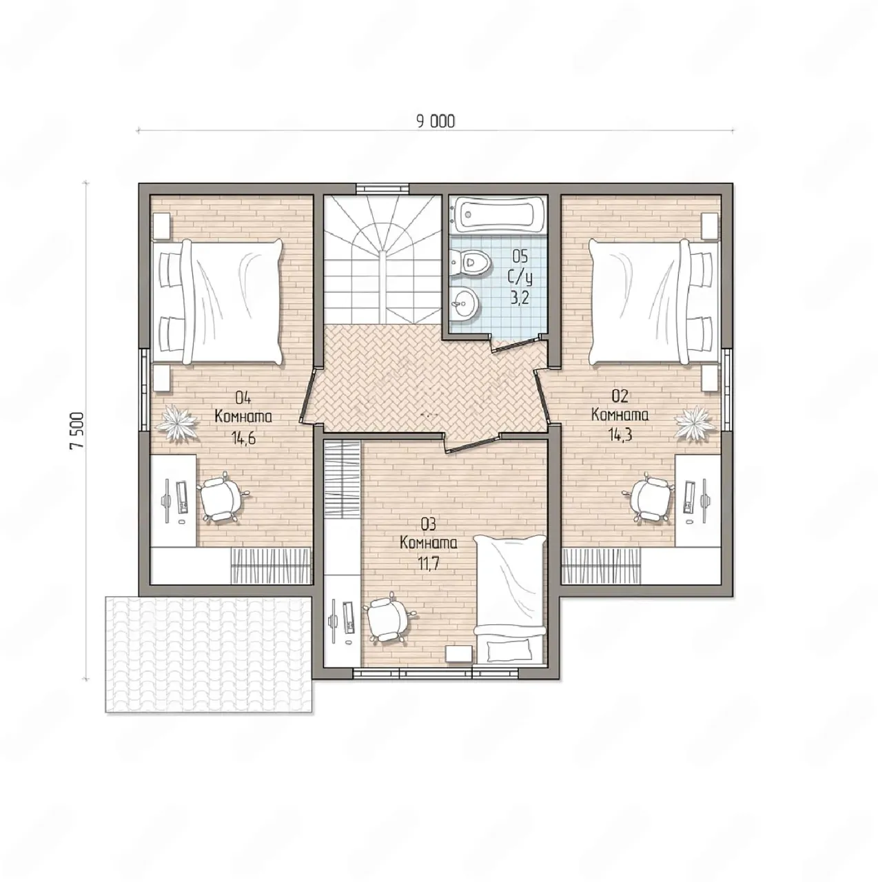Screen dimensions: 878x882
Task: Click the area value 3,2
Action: pos(520,298)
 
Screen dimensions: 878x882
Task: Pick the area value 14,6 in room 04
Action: pos(243,438)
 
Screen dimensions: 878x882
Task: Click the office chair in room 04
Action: pos(221,497)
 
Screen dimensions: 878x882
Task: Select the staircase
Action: pos(382,260)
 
